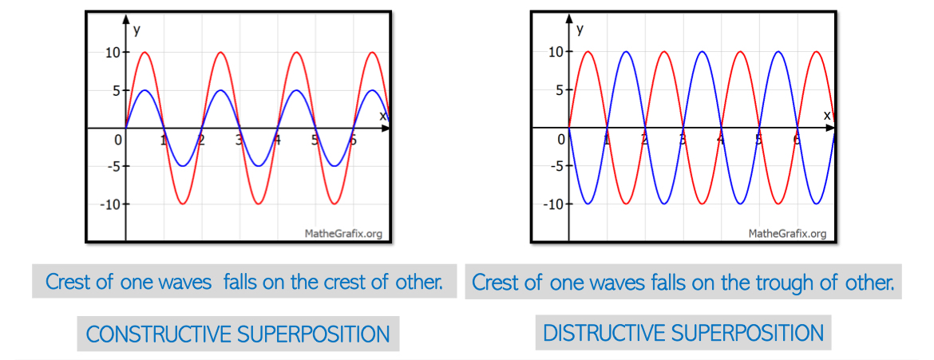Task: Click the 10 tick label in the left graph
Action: (x=113, y=53)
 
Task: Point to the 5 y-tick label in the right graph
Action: (x=560, y=90)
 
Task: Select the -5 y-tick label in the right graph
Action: (x=557, y=166)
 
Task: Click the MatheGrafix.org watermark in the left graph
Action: (x=343, y=233)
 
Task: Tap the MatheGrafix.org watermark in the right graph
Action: (x=787, y=233)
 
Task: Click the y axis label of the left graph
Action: (x=137, y=30)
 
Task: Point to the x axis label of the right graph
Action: (x=827, y=115)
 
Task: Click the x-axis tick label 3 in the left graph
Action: (x=239, y=140)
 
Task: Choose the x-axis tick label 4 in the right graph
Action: (x=721, y=140)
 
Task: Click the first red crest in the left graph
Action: (x=144, y=53)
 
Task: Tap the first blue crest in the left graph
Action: (x=144, y=90)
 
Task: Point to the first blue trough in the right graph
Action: (x=588, y=204)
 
